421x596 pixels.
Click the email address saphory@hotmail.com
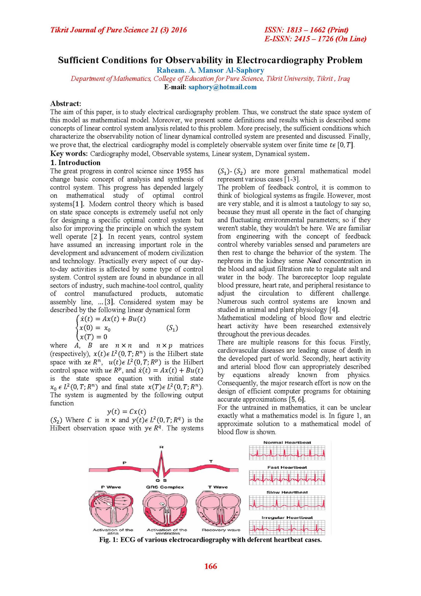coord(222,87)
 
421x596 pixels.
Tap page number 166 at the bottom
coord(210,566)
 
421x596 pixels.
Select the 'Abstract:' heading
coord(66,103)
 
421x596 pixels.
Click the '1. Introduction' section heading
coord(75,162)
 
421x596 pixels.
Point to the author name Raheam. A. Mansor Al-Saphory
coord(210,70)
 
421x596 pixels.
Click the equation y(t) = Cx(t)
coord(127,411)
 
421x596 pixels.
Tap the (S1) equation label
coord(172,328)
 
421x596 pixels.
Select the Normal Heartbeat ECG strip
coord(287,453)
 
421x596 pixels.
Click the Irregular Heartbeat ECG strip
coord(287,528)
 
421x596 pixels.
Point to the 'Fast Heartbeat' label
coord(287,467)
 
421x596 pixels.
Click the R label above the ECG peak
coord(161,447)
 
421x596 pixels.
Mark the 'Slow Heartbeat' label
coord(287,492)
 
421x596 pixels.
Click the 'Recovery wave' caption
coord(221,530)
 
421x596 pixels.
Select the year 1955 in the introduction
coord(184,171)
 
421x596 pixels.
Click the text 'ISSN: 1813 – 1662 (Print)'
coord(306,30)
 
